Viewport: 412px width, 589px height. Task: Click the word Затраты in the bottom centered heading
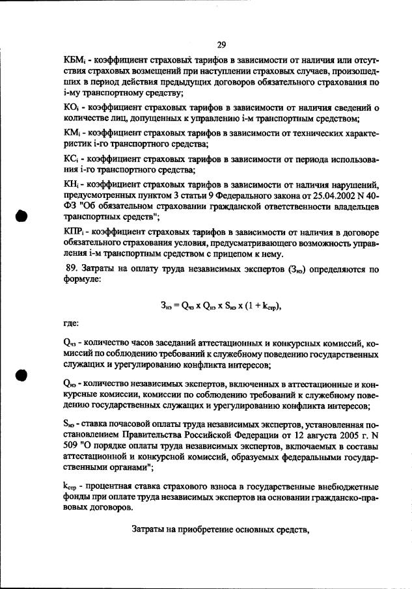(x=150, y=528)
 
